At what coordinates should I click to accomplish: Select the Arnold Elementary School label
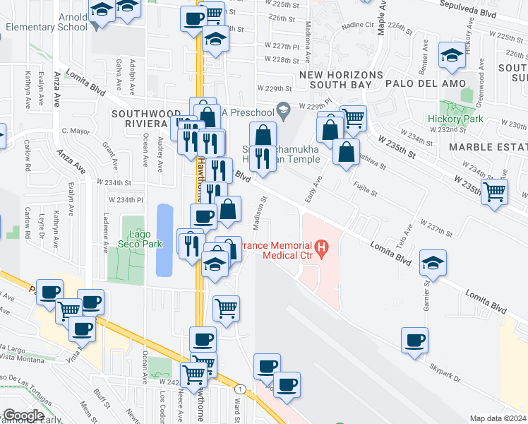[46, 21]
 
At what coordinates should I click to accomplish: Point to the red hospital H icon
[322, 248]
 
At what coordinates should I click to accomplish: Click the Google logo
[23, 416]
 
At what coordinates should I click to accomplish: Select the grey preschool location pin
[283, 110]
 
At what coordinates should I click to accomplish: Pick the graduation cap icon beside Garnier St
[432, 264]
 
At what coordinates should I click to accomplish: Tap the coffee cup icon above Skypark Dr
[414, 340]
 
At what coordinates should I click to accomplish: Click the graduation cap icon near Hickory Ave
[451, 56]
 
